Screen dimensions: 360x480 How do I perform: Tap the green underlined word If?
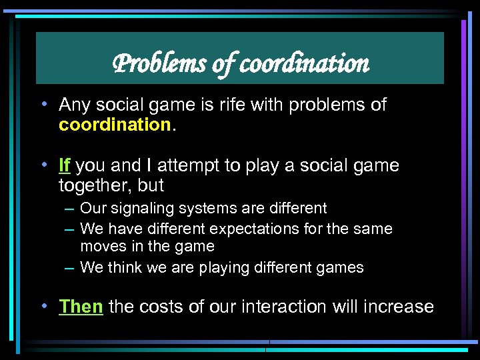click(65, 165)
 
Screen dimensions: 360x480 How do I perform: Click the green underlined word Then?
click(81, 307)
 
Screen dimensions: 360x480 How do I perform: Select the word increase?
click(399, 307)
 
